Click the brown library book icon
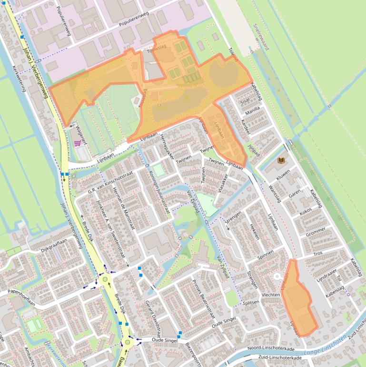(281, 161)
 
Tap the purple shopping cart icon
(78, 143)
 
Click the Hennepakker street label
(168, 146)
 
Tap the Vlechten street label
(271, 295)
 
